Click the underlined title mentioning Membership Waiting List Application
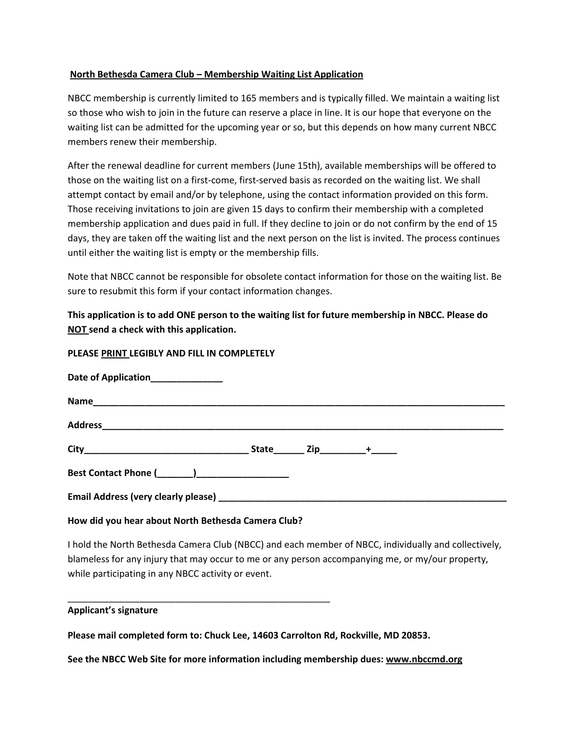[216, 74]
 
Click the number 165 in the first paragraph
[248, 98]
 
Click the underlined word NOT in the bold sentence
[77, 330]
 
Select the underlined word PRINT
[114, 354]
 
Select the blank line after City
[166, 450]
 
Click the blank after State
[289, 450]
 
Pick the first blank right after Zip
[342, 450]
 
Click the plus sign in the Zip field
[368, 449]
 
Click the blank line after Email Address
[362, 498]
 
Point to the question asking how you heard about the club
[185, 521]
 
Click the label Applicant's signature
[112, 610]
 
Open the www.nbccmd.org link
[424, 659]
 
